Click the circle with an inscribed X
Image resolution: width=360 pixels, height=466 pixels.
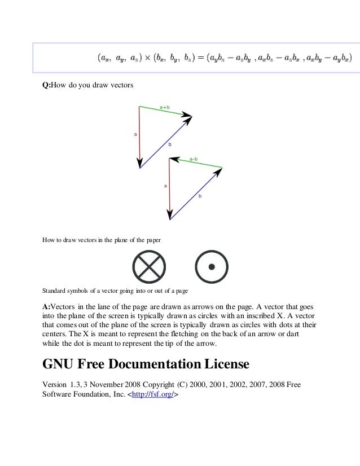148,266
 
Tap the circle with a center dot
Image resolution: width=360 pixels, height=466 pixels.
211,266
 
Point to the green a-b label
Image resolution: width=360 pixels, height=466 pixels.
194,159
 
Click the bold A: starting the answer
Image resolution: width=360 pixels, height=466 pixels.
48,306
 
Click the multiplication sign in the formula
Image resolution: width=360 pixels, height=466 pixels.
143,57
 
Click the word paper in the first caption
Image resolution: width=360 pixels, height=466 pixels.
153,240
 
